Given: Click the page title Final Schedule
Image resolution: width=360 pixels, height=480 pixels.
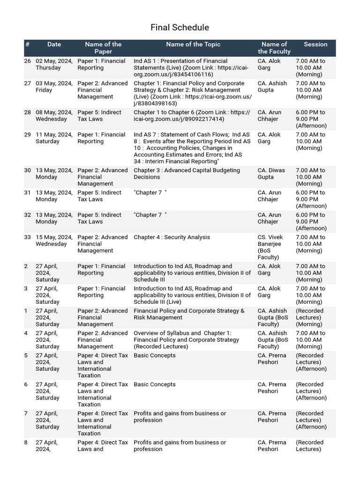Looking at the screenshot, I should [x=180, y=28].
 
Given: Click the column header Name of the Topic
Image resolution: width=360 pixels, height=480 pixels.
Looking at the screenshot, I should [x=193, y=45].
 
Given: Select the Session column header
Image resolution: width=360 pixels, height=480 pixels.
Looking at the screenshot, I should [x=315, y=45].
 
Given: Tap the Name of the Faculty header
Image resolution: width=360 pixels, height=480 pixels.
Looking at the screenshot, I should [x=274, y=48].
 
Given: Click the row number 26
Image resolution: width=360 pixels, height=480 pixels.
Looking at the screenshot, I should [x=28, y=61].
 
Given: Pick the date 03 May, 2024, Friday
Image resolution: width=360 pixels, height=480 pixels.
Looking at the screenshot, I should [x=54, y=87].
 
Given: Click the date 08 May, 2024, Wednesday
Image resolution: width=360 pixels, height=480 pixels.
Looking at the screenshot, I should [x=54, y=116].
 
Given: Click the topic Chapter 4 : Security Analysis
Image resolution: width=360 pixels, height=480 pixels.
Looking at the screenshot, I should [x=172, y=237].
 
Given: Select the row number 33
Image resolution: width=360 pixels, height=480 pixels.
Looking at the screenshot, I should [x=28, y=237].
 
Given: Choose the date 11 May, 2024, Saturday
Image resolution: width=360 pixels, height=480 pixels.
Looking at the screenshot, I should [x=54, y=138].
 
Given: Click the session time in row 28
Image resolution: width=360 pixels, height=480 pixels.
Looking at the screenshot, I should [x=311, y=119].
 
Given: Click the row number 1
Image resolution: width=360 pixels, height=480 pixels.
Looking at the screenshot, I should [x=26, y=311].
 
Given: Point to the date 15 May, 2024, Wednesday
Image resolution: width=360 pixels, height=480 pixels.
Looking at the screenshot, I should [x=54, y=240].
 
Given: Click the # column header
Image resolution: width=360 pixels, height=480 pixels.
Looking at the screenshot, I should [x=28, y=45].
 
